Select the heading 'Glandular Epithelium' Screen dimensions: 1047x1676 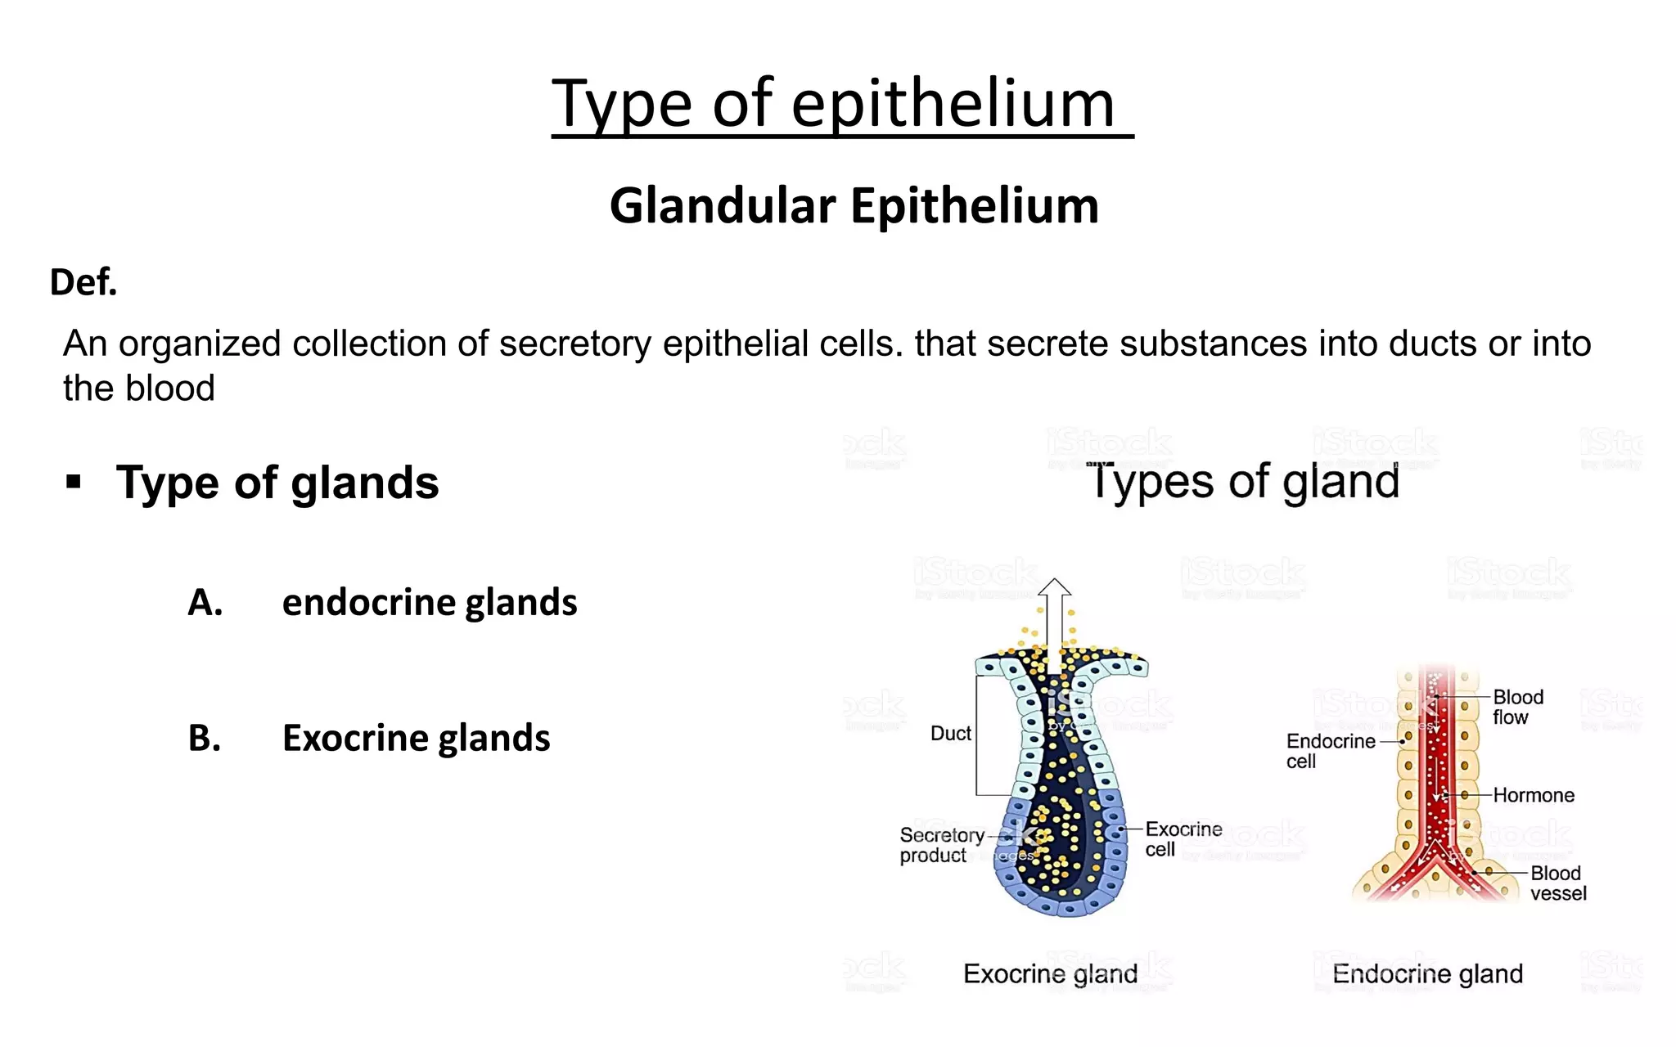854,205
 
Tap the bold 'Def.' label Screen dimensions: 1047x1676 83,282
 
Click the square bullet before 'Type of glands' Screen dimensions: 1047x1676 74,482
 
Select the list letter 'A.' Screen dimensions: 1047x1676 205,603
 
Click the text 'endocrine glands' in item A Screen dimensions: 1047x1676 429,603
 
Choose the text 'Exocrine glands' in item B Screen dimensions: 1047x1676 416,738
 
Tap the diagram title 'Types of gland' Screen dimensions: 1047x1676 1243,481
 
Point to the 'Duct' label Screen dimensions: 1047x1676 950,734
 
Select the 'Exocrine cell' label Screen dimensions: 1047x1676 1183,839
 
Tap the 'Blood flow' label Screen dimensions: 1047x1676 1517,707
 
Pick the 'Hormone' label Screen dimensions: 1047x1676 1533,795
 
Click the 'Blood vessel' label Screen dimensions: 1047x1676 1557,883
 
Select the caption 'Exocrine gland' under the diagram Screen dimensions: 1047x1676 1050,973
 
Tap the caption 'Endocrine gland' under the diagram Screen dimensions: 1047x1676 1427,973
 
